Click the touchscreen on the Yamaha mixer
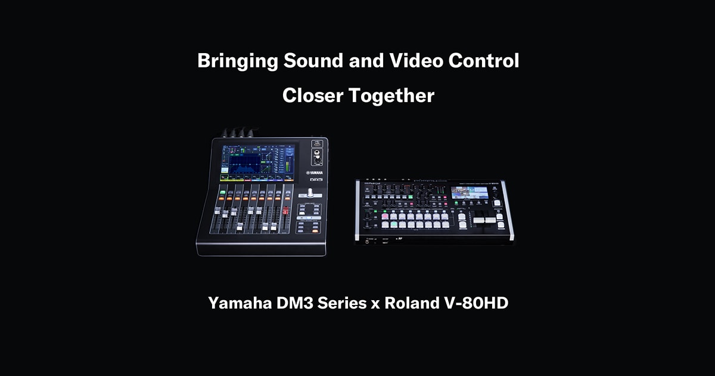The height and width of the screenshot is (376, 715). point(258,162)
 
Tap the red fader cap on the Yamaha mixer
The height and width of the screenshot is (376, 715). point(285,211)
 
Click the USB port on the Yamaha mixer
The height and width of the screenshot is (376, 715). point(316,144)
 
